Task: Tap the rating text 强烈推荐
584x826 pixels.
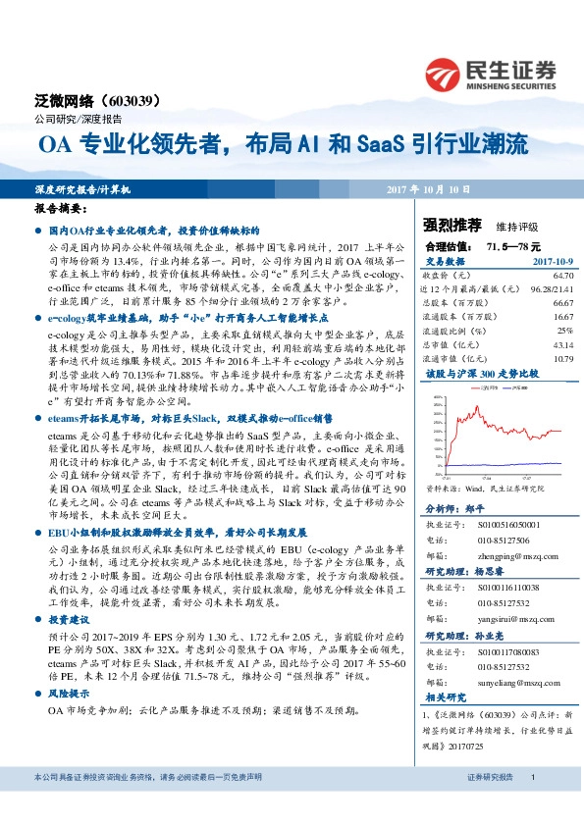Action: tap(447, 224)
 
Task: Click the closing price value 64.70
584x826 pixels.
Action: tap(558, 279)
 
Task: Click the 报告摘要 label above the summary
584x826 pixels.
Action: tap(61, 209)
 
